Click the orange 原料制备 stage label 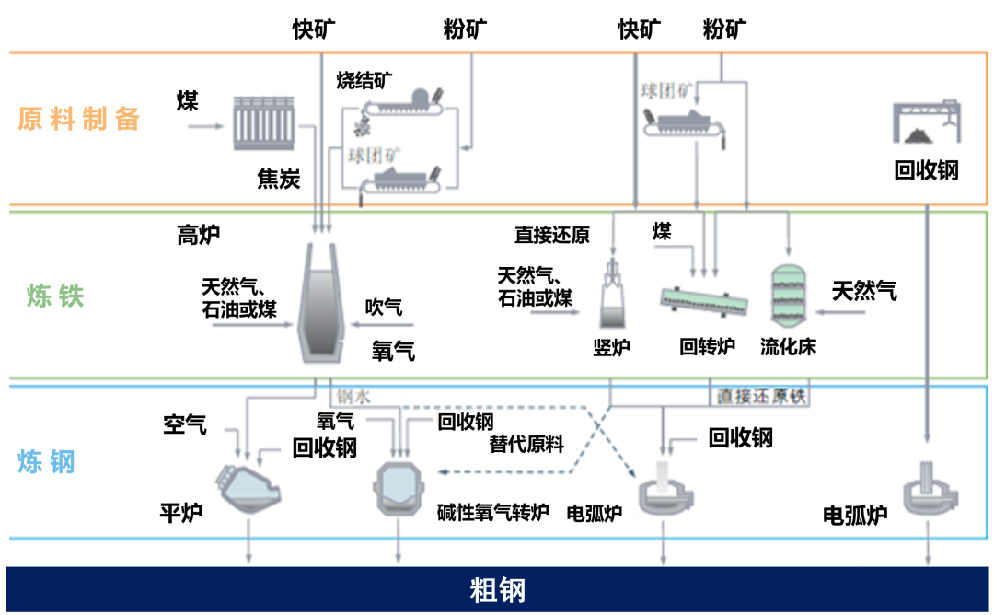[x=78, y=119]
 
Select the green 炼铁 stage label [x=55, y=296]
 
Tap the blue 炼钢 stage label [x=46, y=461]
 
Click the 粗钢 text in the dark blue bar [x=498, y=590]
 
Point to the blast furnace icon [x=322, y=303]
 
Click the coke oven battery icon [x=264, y=123]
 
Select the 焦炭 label [x=278, y=180]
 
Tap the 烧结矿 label [x=364, y=80]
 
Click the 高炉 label [x=199, y=235]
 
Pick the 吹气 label [x=384, y=307]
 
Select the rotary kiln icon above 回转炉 [x=704, y=300]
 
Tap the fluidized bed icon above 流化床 [x=788, y=296]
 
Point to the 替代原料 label [x=526, y=444]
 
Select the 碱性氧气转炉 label [x=492, y=512]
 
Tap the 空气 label [x=184, y=424]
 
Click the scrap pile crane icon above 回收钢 [x=926, y=122]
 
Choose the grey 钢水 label [x=353, y=397]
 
